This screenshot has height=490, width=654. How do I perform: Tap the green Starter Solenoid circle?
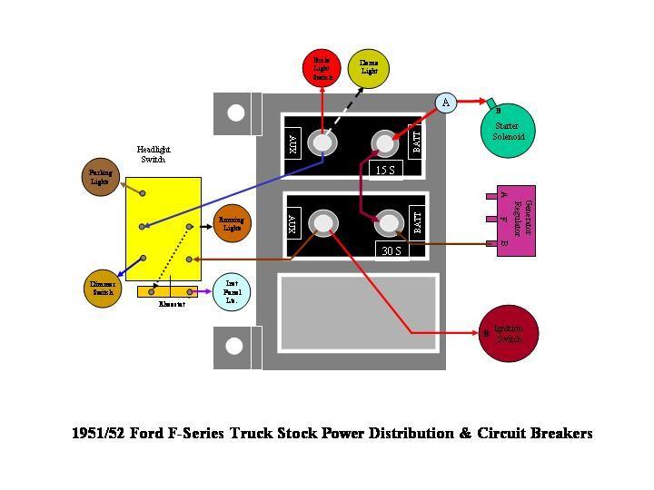point(509,129)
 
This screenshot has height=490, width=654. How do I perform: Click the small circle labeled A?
point(445,103)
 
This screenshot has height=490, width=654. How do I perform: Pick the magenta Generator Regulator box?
point(515,220)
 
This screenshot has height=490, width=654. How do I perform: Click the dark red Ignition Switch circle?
point(508,333)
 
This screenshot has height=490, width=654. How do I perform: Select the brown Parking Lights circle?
point(99,176)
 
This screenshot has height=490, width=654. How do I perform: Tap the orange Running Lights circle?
point(232,222)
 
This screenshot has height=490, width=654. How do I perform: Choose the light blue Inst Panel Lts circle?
point(231,291)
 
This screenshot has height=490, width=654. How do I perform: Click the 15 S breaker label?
point(385,170)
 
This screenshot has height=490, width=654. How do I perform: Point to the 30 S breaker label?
point(391,250)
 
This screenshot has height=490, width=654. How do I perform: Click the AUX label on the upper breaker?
point(293,142)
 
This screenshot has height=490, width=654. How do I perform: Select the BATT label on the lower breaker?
point(418,222)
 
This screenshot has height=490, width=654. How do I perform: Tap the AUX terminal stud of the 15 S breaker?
point(321,142)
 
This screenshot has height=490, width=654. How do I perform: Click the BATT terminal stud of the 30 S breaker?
point(389,223)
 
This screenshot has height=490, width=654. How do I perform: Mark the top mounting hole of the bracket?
point(236,113)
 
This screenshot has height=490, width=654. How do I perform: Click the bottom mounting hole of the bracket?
point(235,346)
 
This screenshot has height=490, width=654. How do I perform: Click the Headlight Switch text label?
point(154,154)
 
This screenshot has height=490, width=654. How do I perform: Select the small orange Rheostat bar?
point(168,291)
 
